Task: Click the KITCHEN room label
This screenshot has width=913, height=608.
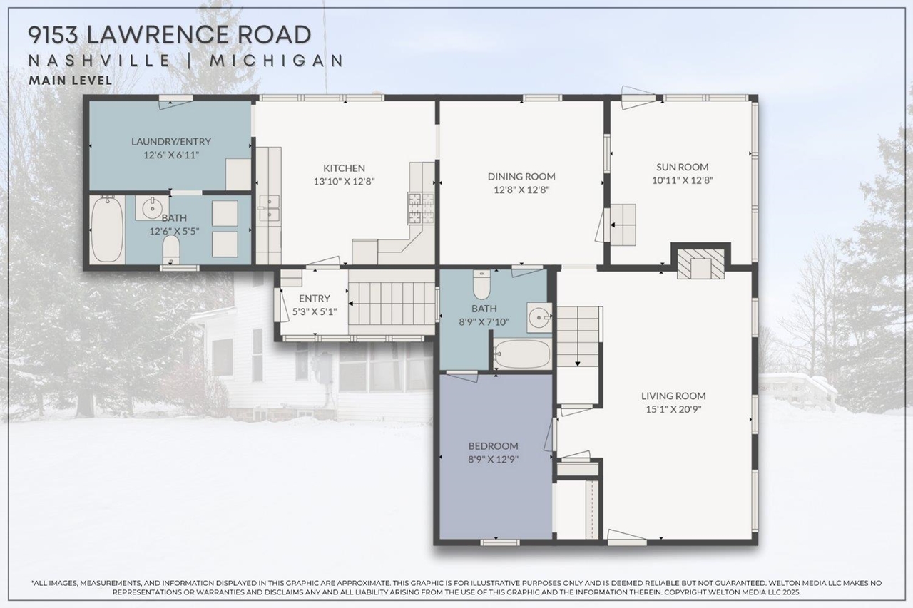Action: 344,168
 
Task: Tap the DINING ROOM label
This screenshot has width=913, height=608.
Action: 521,176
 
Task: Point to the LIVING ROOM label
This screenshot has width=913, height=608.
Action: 673,396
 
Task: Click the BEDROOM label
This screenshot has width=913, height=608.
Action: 493,446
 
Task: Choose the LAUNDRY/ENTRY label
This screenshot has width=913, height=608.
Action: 170,141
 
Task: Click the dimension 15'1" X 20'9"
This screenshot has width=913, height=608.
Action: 673,409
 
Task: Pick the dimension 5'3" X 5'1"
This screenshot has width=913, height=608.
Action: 315,311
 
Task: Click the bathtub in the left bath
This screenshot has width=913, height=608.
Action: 107,230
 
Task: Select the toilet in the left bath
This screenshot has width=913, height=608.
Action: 171,250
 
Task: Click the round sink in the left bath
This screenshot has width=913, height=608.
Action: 151,209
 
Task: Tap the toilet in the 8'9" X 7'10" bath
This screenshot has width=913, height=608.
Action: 482,285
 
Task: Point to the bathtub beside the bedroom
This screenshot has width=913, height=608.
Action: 522,354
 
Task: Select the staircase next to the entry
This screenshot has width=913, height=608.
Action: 392,302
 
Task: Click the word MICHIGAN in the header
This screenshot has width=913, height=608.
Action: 276,60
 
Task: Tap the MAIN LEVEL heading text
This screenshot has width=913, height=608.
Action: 70,81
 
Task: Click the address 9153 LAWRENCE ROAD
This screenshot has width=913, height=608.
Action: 170,34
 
